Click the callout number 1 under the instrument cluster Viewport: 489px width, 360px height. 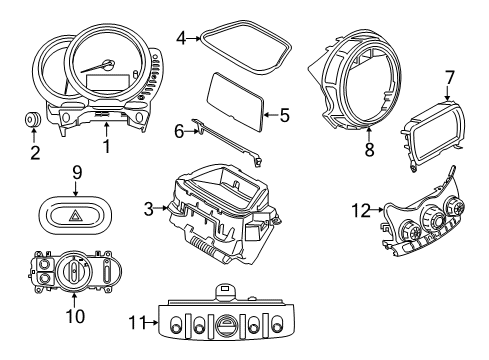click(104, 146)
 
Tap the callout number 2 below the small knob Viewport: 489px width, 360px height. click(35, 153)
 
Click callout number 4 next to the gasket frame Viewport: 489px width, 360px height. click(181, 39)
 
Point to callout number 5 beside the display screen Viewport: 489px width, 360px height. click(284, 116)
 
